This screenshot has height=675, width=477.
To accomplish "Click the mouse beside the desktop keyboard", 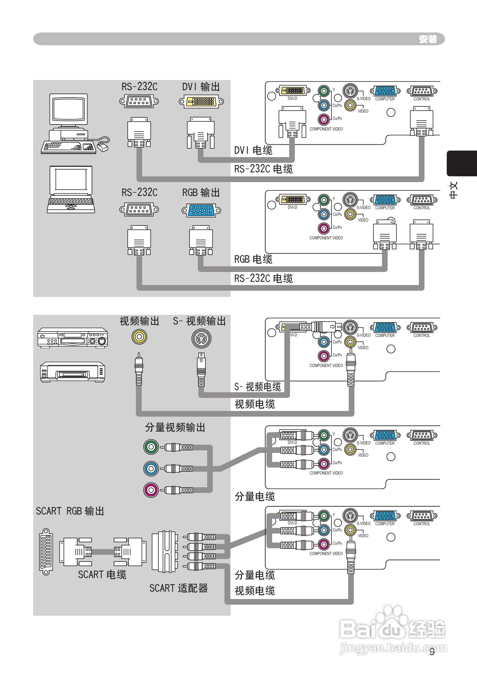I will coord(103,147).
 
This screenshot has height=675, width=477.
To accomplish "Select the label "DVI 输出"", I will coord(201,87).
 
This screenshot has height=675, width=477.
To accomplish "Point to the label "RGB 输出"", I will coord(201,193).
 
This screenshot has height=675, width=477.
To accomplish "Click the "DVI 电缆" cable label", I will coord(253,150).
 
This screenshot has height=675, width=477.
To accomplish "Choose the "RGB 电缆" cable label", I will coord(253,259).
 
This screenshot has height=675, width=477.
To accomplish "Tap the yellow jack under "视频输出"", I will coord(139,337).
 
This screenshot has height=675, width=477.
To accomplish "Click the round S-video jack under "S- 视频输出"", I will coord(201,339).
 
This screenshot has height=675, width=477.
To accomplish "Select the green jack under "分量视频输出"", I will coord(151,447).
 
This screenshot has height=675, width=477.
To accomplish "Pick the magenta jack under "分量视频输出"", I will coord(151,490).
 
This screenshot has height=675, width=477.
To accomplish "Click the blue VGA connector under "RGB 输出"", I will coord(201,210).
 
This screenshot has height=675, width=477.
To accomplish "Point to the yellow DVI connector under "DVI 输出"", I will coord(201,102).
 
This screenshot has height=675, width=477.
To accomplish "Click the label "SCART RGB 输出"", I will coord(70,511).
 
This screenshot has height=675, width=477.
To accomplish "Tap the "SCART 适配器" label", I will coord(178,588).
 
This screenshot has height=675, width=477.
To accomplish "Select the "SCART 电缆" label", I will coord(102,574).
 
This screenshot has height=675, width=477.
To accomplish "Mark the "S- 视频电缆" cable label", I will coord(257,387).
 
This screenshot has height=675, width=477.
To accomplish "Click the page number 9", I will coord(432,652).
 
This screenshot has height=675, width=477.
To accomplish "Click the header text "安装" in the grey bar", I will coord(428,39).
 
